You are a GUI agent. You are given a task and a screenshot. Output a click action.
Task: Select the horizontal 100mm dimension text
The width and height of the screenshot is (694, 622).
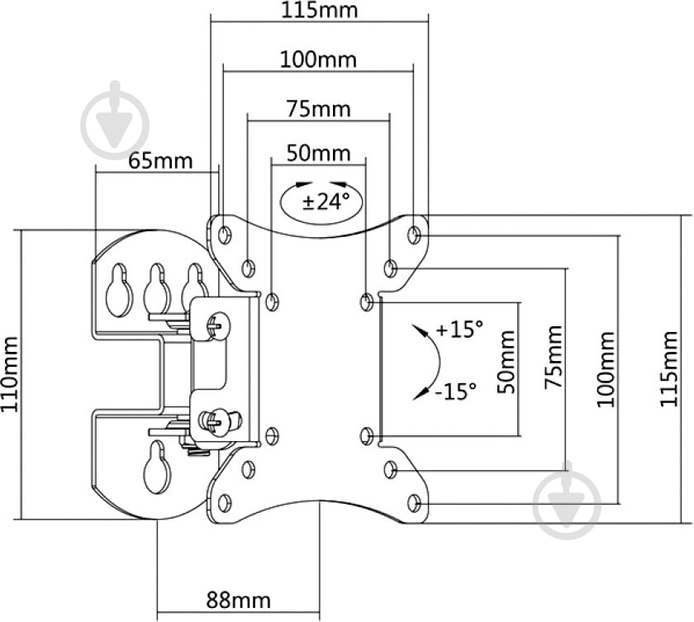pyautogui.click(x=318, y=59)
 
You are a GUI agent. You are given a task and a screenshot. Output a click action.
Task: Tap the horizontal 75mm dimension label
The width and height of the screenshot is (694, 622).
pyautogui.click(x=318, y=108)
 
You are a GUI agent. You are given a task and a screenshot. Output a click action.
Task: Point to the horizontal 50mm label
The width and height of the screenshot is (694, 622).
pyautogui.click(x=318, y=154)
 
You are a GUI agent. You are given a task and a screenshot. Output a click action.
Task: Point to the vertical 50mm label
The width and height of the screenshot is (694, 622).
pyautogui.click(x=506, y=361)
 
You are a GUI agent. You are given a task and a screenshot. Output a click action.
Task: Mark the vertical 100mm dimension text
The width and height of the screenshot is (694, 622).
pyautogui.click(x=606, y=369)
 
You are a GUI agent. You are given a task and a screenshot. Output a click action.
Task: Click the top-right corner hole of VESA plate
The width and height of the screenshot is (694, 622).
pyautogui.click(x=415, y=235)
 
